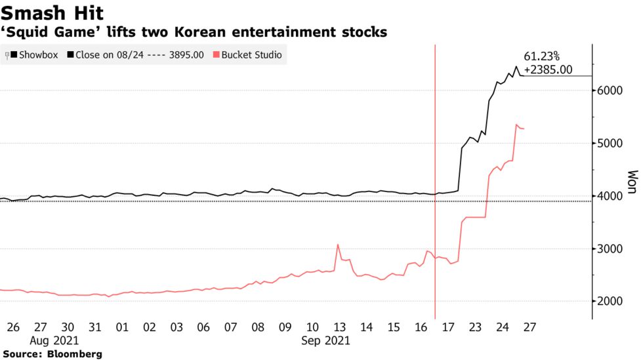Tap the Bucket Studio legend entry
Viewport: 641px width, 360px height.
pos(251,55)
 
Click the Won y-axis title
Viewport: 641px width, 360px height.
pos(632,183)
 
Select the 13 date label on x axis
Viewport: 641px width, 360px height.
pos(339,327)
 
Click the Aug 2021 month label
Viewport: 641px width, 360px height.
pos(53,341)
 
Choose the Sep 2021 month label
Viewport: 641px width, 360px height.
pos(325,341)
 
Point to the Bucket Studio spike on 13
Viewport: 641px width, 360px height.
pos(338,245)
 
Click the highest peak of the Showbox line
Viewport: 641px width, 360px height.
pos(516,66)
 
